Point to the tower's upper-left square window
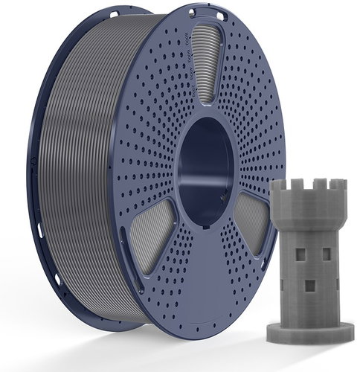(x=301, y=254)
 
